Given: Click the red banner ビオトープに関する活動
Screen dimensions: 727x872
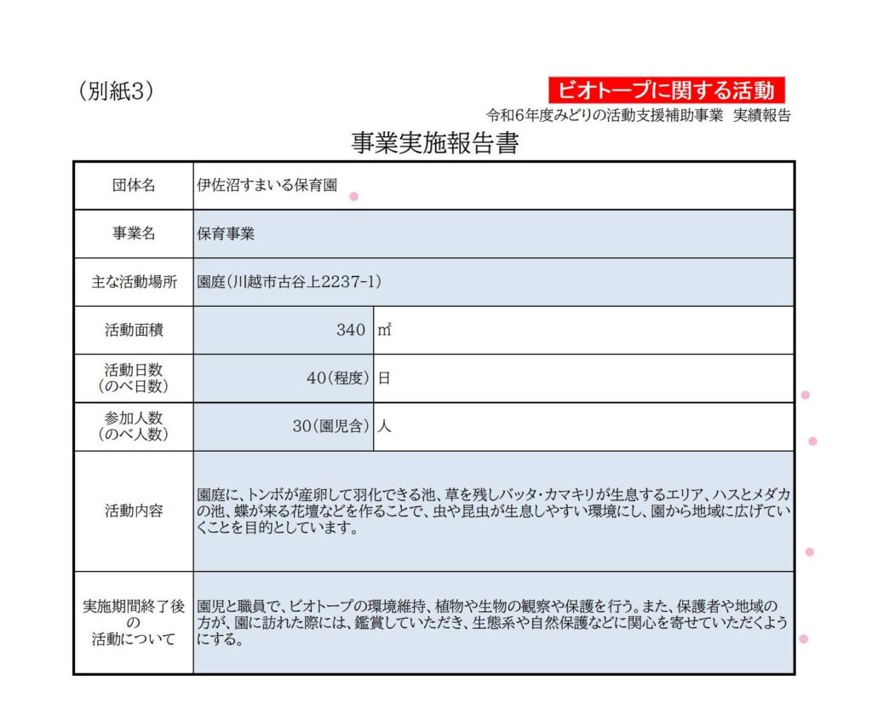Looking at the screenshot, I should coord(666,89).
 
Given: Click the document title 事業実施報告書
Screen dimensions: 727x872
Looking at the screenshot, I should coord(435,143).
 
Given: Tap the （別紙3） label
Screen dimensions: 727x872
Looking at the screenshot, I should coord(116,92).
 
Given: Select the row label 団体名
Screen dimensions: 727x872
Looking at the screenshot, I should coord(134,186).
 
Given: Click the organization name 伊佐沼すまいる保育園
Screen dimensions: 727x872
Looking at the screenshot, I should coord(267,186).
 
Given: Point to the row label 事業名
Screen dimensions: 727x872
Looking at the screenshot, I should coord(134,234).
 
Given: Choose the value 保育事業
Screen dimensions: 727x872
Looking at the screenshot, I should coord(226,234).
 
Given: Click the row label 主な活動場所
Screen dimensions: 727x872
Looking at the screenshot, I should coord(134,282).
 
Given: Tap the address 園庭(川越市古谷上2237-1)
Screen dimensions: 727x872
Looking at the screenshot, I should coord(290,282).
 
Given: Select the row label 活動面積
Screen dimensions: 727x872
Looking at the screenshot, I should coord(134,330).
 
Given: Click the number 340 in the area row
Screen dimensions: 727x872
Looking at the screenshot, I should coord(350,330).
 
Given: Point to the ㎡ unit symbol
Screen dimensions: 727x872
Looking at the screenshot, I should coord(384,330).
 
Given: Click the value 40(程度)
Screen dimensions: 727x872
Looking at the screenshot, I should coord(338,378).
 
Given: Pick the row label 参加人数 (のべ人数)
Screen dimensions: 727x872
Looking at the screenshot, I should coord(134,426).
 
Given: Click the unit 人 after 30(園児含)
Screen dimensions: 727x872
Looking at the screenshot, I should coord(384,426).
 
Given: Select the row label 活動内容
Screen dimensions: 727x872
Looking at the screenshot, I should coord(134,511).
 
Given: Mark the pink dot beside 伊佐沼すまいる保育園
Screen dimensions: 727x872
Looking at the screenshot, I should coord(353,196).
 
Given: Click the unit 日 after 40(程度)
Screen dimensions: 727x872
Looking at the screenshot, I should coord(384,378).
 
